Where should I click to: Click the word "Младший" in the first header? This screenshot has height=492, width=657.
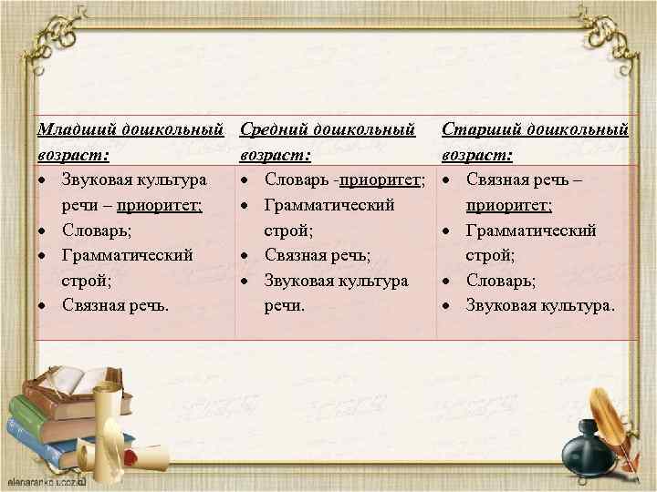click(75, 131)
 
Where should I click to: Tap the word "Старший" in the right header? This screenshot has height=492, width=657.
click(480, 131)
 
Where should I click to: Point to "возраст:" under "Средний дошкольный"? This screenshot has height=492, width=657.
click(275, 155)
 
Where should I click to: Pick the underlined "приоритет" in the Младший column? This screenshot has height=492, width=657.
click(162, 205)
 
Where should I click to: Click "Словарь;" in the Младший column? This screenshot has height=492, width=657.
click(90, 230)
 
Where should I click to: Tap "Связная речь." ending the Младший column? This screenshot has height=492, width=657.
click(115, 305)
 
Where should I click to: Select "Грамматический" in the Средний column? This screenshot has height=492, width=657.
click(329, 205)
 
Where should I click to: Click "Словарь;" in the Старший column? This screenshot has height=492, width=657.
click(501, 281)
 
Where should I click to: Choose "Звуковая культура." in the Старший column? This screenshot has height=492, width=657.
click(541, 305)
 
